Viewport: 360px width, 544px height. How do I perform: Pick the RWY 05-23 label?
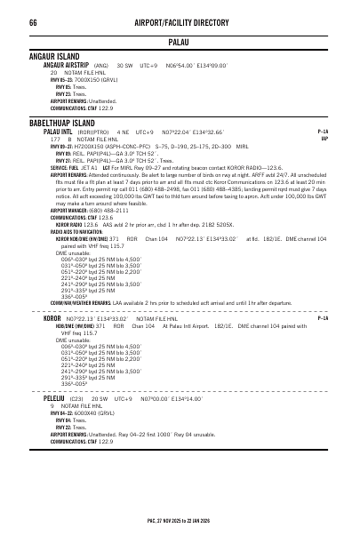click(61, 78)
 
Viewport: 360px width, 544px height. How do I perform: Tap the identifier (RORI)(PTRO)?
click(92, 131)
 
